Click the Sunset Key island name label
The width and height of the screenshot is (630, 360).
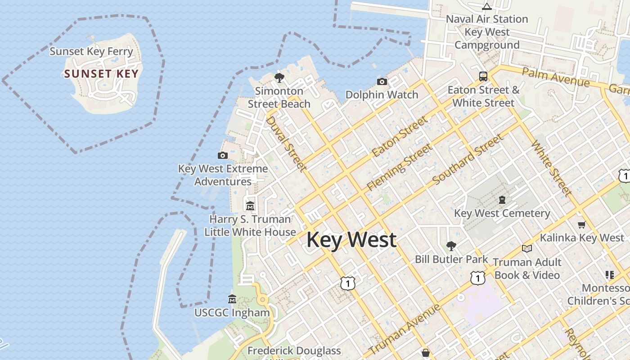[x=101, y=74]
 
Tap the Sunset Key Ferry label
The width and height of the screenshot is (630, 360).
[x=91, y=51]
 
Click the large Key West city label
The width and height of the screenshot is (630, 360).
[x=351, y=239]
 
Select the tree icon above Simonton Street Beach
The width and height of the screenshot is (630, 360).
[x=279, y=78]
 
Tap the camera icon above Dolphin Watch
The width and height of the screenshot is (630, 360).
[x=382, y=81]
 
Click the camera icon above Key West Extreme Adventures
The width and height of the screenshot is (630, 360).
[x=222, y=156]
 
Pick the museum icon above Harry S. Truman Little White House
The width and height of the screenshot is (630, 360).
[x=250, y=206]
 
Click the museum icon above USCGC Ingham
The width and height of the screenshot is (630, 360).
[x=232, y=299]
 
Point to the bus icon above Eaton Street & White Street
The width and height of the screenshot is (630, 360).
[x=483, y=76]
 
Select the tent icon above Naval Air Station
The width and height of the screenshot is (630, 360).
[x=486, y=6]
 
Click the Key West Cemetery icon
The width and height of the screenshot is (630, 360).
[x=502, y=200]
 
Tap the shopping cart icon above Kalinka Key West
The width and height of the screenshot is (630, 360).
[x=581, y=225]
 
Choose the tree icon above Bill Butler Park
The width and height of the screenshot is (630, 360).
[x=451, y=246]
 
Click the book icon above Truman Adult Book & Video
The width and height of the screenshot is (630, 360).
[x=526, y=248]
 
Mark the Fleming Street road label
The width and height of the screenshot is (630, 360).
[x=400, y=166]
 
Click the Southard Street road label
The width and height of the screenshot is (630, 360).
[x=468, y=159]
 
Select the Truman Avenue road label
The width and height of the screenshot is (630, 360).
[x=405, y=329]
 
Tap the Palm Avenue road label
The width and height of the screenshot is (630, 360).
[x=555, y=77]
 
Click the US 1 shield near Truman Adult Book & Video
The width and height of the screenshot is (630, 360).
[x=477, y=278]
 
